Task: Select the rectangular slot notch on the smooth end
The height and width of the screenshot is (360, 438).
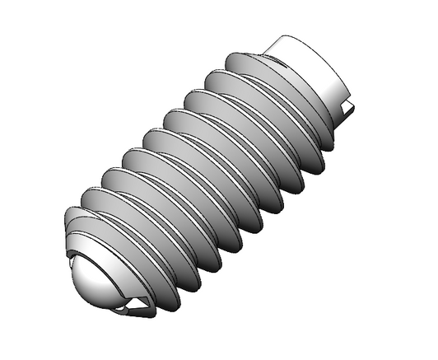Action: [x=351, y=105]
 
